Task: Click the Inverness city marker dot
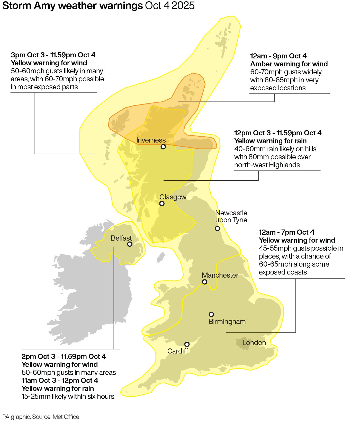coord(163,147)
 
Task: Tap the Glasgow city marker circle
coord(162,204)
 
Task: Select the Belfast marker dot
coord(130,244)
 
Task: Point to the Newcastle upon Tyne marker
coord(218,228)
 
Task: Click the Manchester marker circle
coord(204,282)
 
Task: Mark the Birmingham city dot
coord(211,314)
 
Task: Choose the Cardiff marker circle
coord(187,344)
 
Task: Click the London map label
coord(254,343)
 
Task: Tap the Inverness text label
coord(151,140)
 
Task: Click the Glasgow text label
coord(173,197)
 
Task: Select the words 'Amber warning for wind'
coord(289,64)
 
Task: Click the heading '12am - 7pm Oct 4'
coord(286,232)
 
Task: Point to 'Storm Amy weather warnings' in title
coord(73,6)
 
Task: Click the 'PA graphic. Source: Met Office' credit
coord(41,417)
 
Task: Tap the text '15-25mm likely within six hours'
coord(68,396)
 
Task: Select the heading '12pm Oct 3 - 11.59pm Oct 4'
coord(278,133)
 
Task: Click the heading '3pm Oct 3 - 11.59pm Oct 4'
coord(53,55)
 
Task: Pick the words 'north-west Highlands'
coord(267,165)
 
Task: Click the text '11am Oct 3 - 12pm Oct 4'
coord(60,381)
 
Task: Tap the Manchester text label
coord(220,275)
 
